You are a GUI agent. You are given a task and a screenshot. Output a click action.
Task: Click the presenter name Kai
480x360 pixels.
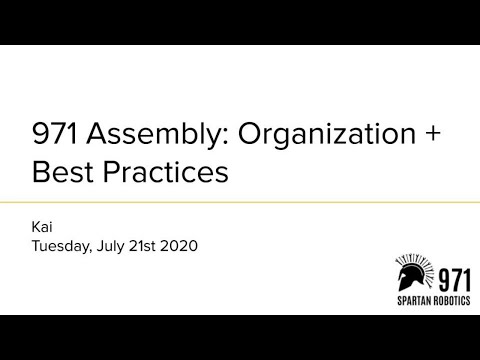tap(43, 226)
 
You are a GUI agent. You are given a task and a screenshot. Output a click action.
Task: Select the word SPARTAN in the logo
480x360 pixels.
tap(412, 300)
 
